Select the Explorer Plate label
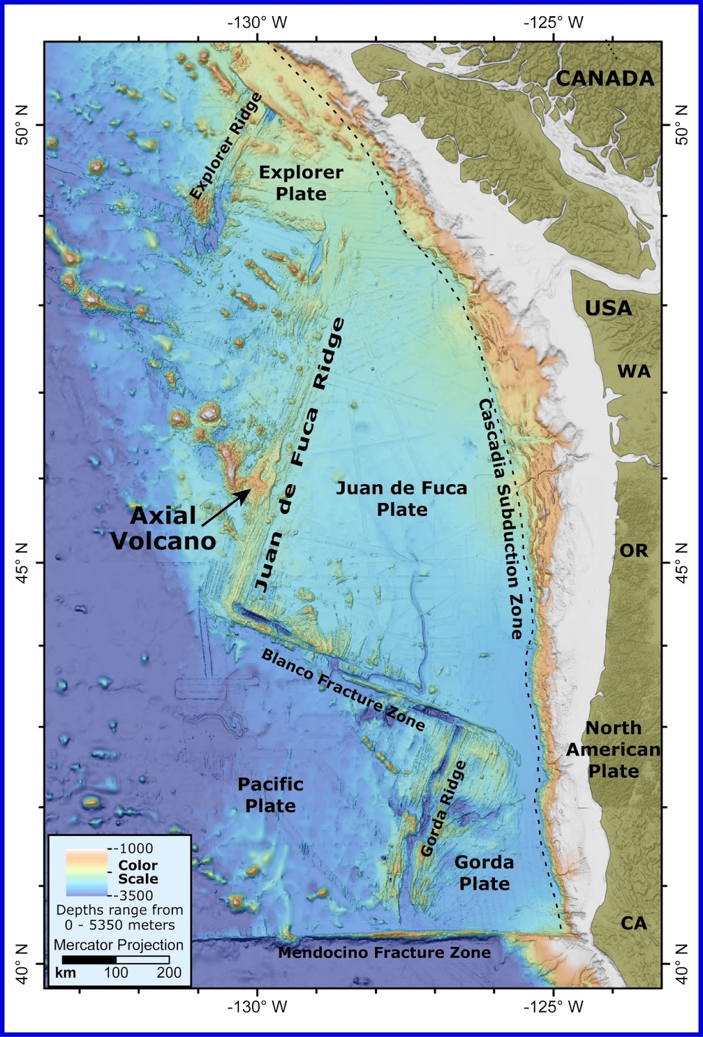click(x=301, y=183)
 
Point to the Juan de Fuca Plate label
click(x=402, y=498)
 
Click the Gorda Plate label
click(x=484, y=872)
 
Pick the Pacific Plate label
click(x=270, y=795)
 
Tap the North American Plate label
click(x=613, y=749)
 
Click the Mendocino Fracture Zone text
click(x=384, y=952)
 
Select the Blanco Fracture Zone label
click(x=343, y=689)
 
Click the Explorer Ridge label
click(x=226, y=146)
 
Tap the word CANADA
click(x=605, y=78)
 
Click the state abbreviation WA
click(x=634, y=371)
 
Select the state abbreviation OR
click(x=634, y=550)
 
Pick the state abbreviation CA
click(x=633, y=923)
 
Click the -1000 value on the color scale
click(x=133, y=848)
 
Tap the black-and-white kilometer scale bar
click(x=115, y=960)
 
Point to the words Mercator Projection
click(x=119, y=944)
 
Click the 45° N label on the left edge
click(x=22, y=562)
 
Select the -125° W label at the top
click(x=554, y=23)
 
